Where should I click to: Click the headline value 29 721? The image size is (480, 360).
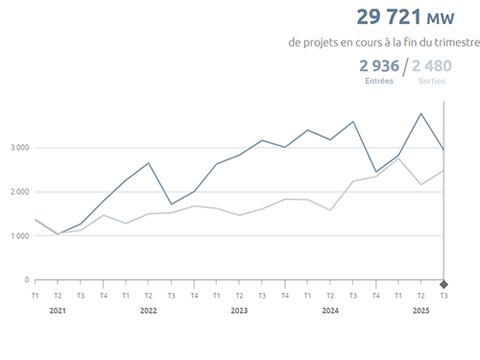coord(389,17)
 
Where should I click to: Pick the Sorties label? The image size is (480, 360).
coord(432,82)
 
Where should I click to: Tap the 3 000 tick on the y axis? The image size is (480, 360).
coord(20,148)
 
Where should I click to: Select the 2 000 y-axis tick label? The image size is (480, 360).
coord(20,192)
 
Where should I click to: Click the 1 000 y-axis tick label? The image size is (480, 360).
coord(20,236)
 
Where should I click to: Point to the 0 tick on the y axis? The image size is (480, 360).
coord(27,280)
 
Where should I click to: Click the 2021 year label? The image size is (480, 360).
coord(58,311)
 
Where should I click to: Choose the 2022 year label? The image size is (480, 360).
coord(149,311)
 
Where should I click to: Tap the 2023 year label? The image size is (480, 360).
coord(239,311)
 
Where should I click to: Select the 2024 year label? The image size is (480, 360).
coord(330,311)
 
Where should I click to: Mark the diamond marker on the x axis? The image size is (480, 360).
coord(444,284)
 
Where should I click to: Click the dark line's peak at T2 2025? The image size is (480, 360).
coord(420,113)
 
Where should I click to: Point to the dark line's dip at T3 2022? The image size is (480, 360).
coord(171,204)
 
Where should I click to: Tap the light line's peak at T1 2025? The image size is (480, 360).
coord(398,158)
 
